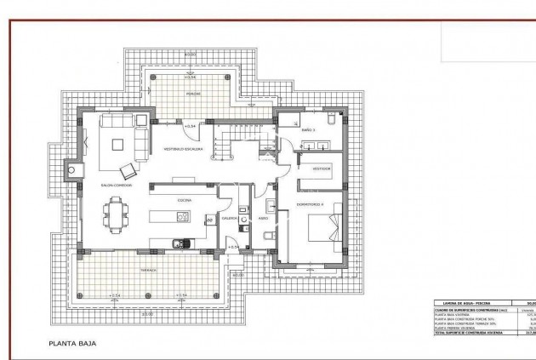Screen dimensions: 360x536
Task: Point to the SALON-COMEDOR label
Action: pos(117,184)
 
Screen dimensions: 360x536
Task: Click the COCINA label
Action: pos(184,200)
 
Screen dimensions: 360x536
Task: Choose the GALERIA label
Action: pos(230,217)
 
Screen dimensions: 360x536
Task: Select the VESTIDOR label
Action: pos(321,168)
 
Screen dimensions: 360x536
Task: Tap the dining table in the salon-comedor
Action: pos(115,213)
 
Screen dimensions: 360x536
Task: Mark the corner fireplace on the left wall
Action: pos(74,170)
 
